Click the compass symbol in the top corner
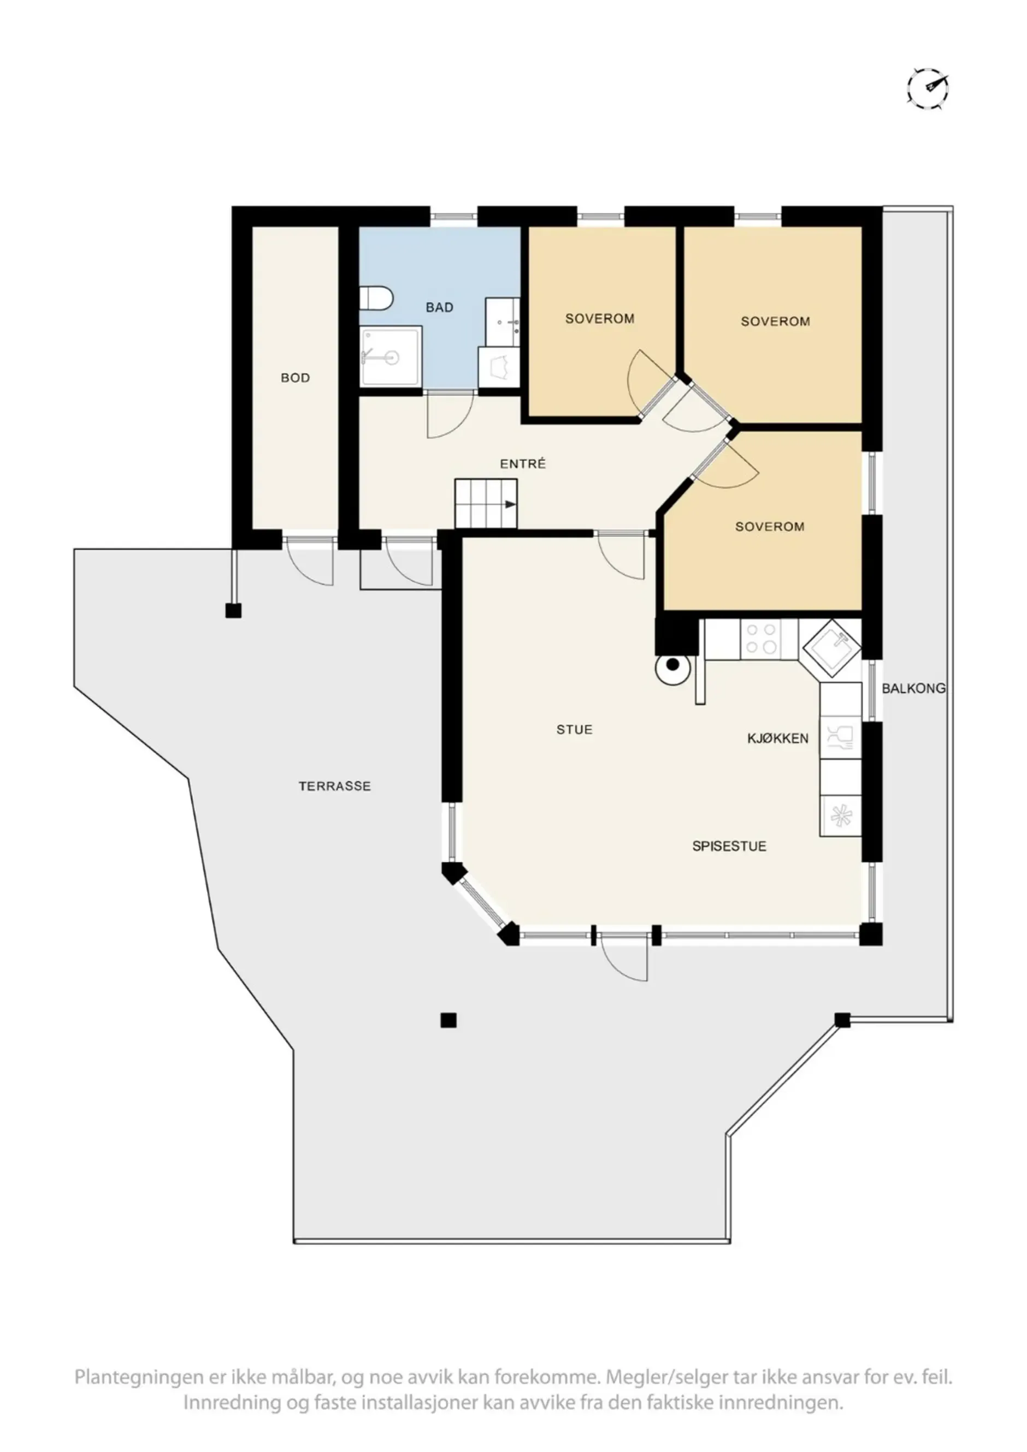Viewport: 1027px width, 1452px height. [x=928, y=88]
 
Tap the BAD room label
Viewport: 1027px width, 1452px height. [x=439, y=307]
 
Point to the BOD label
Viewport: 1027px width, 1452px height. [x=295, y=378]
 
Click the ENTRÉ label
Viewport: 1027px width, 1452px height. [x=523, y=463]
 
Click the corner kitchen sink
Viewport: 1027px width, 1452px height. [x=833, y=648]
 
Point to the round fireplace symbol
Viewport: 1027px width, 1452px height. [x=672, y=665]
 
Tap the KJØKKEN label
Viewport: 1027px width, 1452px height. [x=778, y=738]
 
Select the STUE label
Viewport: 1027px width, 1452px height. [x=575, y=729]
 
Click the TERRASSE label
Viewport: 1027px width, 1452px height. [x=335, y=786]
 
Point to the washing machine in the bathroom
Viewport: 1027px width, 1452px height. [x=499, y=367]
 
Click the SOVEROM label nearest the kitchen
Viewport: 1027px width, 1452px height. [x=770, y=526]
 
